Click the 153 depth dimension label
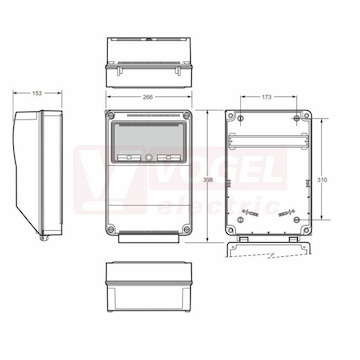(x=37, y=93)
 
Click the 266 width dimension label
(x=148, y=97)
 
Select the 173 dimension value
(x=266, y=97)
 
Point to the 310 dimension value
(x=322, y=180)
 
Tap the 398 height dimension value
(x=208, y=180)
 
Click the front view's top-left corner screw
(x=111, y=116)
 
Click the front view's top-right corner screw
(x=187, y=116)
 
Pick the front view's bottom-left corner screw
(x=111, y=229)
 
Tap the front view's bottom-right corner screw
(x=187, y=229)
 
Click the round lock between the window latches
(x=149, y=157)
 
